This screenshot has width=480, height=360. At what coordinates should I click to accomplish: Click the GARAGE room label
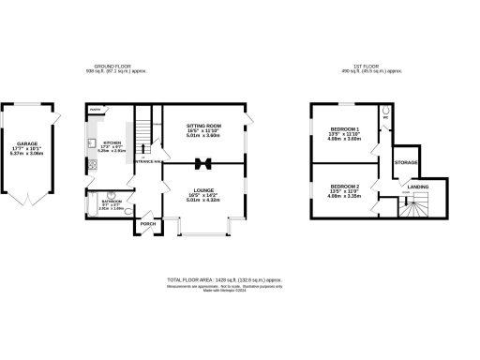click(x=28, y=143)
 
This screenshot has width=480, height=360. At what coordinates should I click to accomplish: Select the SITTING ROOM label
click(x=202, y=124)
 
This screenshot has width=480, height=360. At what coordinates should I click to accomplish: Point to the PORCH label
click(x=147, y=224)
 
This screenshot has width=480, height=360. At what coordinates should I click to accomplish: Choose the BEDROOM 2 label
click(x=344, y=187)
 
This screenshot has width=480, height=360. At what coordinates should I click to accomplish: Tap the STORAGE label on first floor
click(x=405, y=162)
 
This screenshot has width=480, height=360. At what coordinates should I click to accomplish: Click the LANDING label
click(x=418, y=187)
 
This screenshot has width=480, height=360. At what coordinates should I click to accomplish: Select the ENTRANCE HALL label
click(x=147, y=162)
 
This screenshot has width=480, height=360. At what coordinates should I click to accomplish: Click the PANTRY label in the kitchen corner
click(x=95, y=110)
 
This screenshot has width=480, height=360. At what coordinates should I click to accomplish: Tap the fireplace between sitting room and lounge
click(x=202, y=165)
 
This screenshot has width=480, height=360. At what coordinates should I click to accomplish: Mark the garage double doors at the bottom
click(x=29, y=200)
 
